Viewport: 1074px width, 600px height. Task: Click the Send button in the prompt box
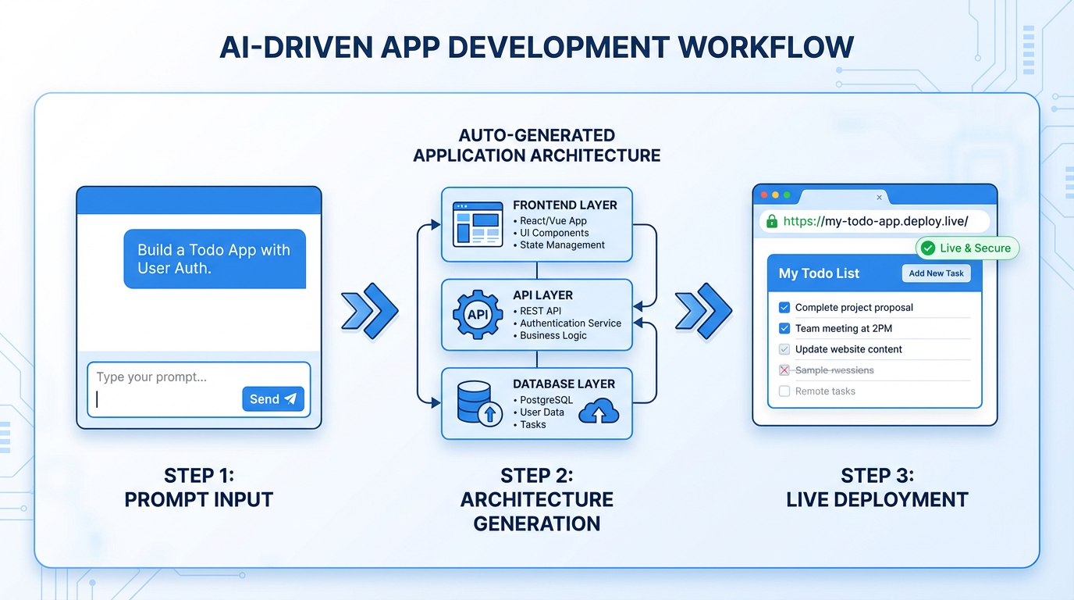(x=272, y=399)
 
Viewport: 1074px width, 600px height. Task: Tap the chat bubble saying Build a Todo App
(x=215, y=259)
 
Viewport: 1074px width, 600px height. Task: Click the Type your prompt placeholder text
(x=151, y=377)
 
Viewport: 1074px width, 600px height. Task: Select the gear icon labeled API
(x=478, y=315)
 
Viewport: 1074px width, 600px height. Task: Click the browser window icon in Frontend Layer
(x=477, y=224)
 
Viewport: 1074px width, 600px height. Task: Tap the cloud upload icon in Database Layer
(x=599, y=411)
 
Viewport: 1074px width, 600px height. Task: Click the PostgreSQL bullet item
(x=546, y=400)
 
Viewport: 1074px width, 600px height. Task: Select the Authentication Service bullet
(x=570, y=323)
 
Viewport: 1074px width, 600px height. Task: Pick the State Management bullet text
(x=562, y=245)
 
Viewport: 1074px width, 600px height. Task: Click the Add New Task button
(x=937, y=273)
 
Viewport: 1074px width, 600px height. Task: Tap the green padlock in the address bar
(x=772, y=221)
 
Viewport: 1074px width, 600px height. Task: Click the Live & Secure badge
(x=967, y=248)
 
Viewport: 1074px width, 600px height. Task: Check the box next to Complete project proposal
(x=784, y=308)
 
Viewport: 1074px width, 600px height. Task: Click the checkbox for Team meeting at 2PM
(x=784, y=329)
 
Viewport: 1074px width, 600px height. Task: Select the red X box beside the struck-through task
(x=784, y=370)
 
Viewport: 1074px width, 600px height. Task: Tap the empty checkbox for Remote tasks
(x=784, y=391)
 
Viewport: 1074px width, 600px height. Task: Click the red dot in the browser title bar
(x=764, y=195)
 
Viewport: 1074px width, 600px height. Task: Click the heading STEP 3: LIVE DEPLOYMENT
(x=877, y=488)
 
